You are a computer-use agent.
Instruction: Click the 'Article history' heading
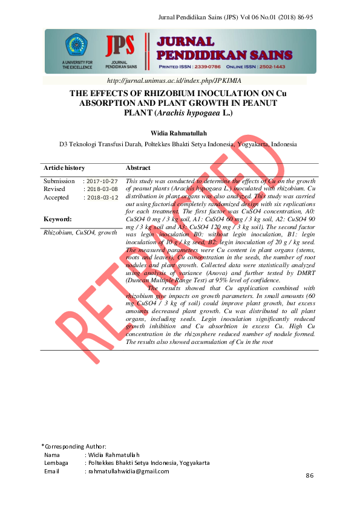click(x=64, y=167)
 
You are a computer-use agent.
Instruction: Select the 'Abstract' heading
click(x=138, y=167)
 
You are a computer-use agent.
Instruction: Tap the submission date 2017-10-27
click(x=102, y=181)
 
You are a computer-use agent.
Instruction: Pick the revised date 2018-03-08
click(x=102, y=189)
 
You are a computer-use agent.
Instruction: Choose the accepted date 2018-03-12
click(x=102, y=198)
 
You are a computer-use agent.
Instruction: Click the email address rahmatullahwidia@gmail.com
click(x=128, y=471)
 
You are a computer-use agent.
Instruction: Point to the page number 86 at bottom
click(x=310, y=476)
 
